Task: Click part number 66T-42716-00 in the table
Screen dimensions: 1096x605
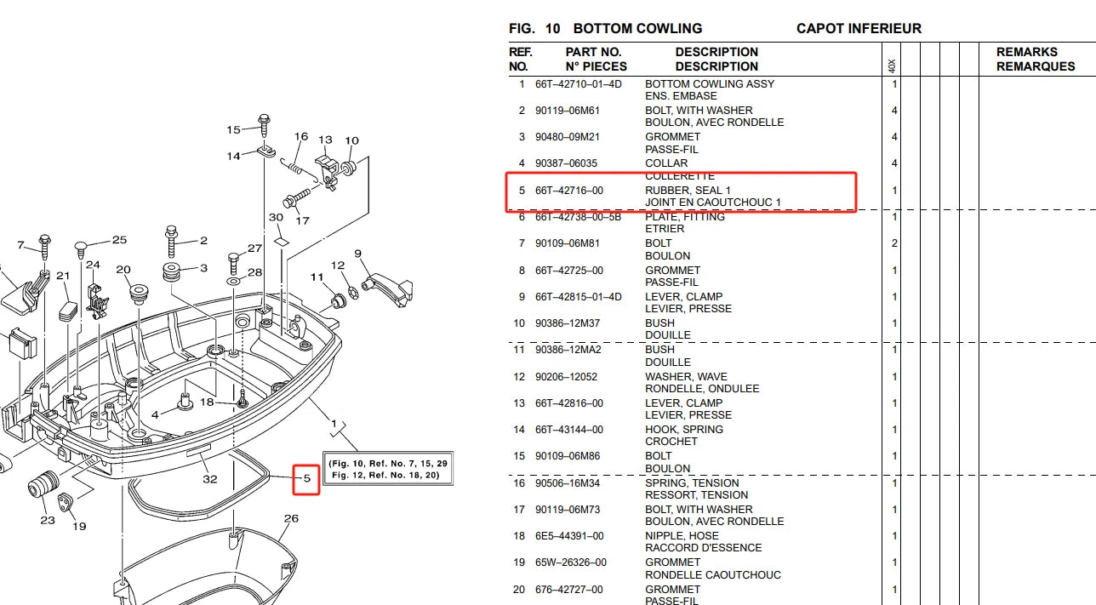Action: coord(569,191)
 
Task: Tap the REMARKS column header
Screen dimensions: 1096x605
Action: coord(1027,52)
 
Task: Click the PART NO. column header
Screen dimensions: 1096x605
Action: coord(593,52)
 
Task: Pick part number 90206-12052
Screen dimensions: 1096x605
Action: coord(566,377)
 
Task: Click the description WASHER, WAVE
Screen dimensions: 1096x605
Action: coord(686,377)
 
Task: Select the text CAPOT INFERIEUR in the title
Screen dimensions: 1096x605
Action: coord(859,28)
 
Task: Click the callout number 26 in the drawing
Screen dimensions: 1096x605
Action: coord(291,518)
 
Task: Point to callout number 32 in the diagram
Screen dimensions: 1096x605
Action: coord(210,479)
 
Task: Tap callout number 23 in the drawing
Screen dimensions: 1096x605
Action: coord(48,520)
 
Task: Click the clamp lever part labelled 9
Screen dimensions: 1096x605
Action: coord(389,289)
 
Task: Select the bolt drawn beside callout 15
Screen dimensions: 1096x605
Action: coord(264,125)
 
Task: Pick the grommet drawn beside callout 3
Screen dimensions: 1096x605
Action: coord(172,272)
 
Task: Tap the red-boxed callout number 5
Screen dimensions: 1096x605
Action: coord(307,478)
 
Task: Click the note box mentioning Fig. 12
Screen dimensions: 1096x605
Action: coord(388,469)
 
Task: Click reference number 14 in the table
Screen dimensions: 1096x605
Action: coord(519,430)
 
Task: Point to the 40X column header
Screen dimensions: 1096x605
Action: coord(892,66)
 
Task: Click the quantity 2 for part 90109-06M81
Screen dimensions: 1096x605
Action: coord(894,243)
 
